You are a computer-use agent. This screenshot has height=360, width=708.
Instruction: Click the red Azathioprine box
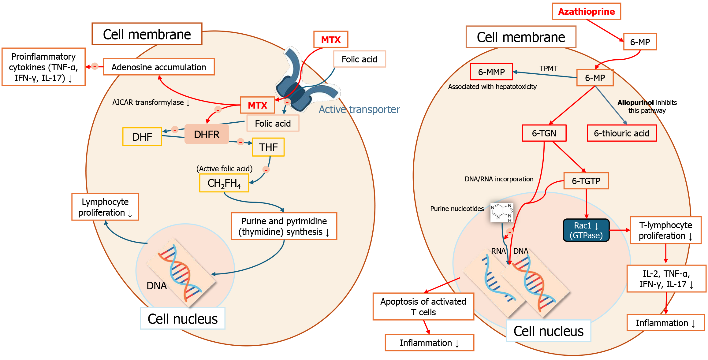[x=586, y=12]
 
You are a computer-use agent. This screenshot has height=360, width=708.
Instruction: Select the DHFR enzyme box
[x=207, y=134]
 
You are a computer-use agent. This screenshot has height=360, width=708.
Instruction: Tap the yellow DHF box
[x=142, y=137]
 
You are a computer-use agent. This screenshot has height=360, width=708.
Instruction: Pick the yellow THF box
[x=268, y=147]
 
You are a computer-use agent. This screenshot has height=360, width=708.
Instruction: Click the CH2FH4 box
[x=224, y=183]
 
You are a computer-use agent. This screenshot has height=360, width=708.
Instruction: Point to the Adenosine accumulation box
[x=158, y=67]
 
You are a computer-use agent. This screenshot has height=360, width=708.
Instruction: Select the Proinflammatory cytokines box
[x=43, y=67]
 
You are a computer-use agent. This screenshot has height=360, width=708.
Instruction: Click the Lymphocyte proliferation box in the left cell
[x=105, y=207]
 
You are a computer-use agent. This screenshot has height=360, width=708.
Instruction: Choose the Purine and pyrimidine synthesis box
[x=284, y=226]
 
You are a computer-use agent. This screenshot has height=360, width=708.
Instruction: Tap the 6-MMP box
[x=491, y=72]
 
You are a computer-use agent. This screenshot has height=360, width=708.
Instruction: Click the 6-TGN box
[x=544, y=133]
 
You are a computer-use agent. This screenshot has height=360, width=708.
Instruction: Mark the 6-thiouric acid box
[x=621, y=133]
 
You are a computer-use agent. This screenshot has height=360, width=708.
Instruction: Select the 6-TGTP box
[x=586, y=181]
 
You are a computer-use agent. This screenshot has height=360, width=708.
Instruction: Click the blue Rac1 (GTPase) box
[x=586, y=230]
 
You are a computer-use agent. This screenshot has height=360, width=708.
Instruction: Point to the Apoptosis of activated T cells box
[x=423, y=306]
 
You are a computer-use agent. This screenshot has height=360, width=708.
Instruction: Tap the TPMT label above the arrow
[x=549, y=69]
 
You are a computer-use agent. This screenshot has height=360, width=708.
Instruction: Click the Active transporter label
[x=359, y=109]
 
